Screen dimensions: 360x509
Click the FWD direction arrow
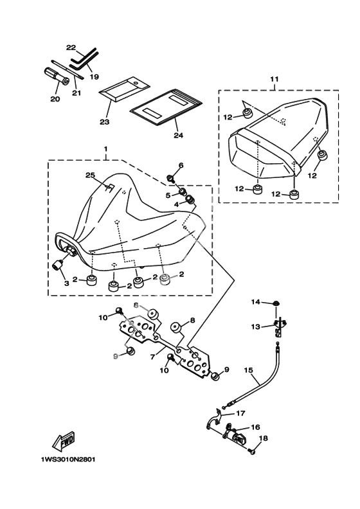tap(64, 441)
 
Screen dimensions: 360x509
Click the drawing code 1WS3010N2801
tap(68, 460)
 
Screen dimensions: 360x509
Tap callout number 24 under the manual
tap(178, 135)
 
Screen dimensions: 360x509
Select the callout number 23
tap(105, 121)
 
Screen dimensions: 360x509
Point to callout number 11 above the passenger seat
tap(274, 79)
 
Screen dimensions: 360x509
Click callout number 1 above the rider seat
tap(106, 149)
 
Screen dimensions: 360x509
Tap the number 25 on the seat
tap(90, 175)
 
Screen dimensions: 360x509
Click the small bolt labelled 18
tap(253, 451)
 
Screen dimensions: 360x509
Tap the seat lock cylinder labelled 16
tap(235, 435)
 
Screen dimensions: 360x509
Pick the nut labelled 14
tap(275, 303)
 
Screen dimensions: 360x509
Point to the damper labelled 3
tap(58, 265)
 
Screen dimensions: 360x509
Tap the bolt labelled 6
tap(170, 177)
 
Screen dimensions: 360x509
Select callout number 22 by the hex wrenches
tap(71, 48)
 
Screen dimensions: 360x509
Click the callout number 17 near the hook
tap(240, 414)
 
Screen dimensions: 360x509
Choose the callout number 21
tap(76, 93)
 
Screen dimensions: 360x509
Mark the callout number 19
tap(94, 77)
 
